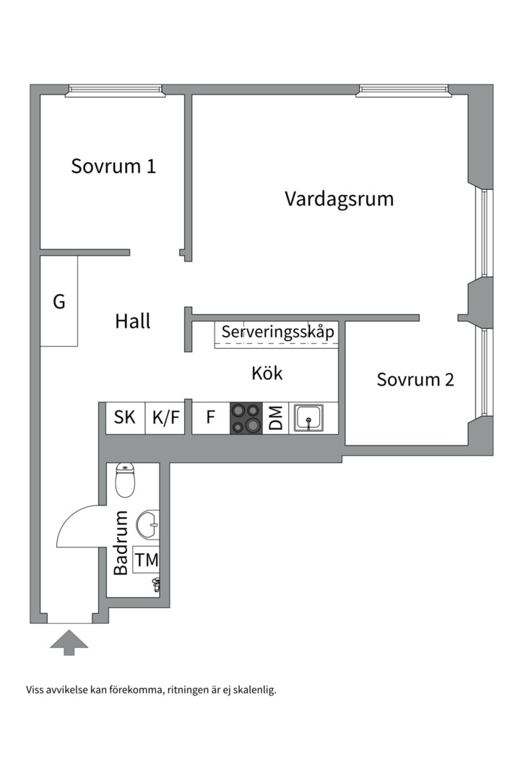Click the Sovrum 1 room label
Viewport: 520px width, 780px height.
pos(113,166)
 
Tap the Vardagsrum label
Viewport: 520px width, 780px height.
pos(339,199)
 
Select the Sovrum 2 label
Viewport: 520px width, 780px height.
pos(415,379)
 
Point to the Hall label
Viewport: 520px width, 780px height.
pos(133,321)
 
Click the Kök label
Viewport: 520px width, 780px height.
pos(267,373)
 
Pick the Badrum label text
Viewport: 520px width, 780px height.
pos(121,542)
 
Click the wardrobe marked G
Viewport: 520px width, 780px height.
pos(58,301)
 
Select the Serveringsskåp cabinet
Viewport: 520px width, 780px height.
pos(277,334)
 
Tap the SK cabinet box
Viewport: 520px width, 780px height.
pos(125,418)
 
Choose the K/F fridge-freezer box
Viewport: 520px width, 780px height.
pos(166,418)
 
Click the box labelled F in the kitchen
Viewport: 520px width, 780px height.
pos(211,418)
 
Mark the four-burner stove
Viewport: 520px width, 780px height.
pos(246,418)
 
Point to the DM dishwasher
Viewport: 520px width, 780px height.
pos(275,418)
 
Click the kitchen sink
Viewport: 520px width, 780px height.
pos(309,417)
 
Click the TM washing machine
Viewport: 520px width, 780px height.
pos(146,560)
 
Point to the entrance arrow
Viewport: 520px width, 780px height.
pos(69,642)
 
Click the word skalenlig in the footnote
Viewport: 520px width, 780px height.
pos(252,690)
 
